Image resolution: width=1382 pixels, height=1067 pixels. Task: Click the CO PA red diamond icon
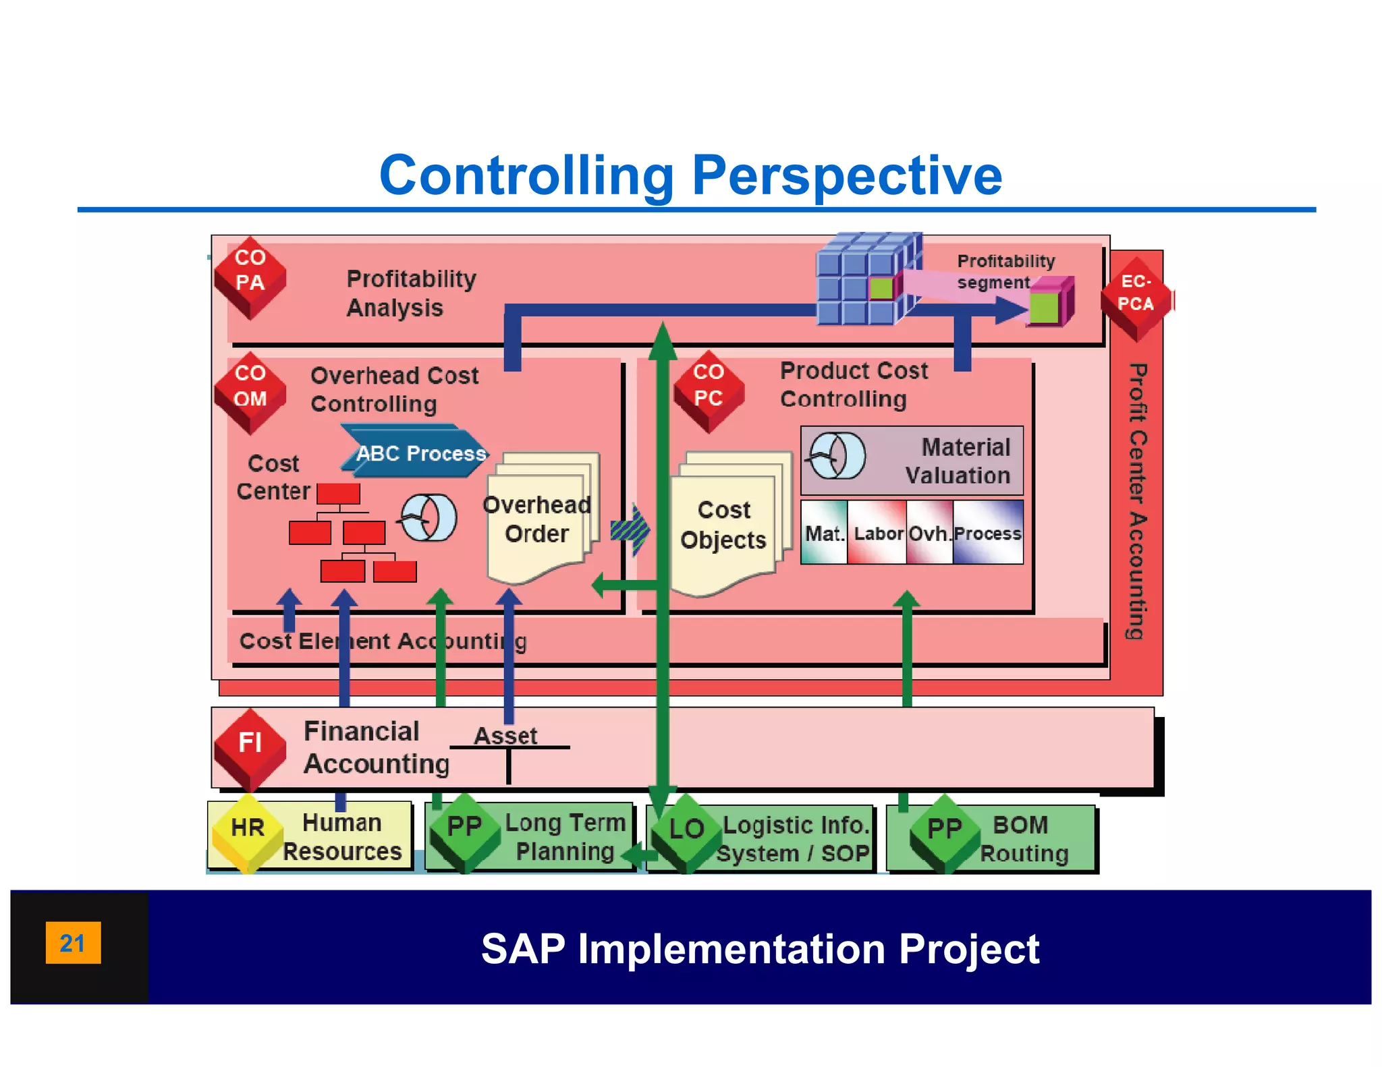pyautogui.click(x=250, y=277)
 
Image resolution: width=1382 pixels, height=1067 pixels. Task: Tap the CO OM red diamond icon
pyautogui.click(x=250, y=393)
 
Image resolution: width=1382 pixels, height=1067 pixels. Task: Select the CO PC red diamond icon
pyautogui.click(x=709, y=392)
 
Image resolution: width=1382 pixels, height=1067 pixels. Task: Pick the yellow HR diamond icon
pyautogui.click(x=248, y=834)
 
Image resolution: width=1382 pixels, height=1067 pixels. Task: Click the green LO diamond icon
pyautogui.click(x=686, y=834)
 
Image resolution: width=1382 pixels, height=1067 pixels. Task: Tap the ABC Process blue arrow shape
pyautogui.click(x=414, y=452)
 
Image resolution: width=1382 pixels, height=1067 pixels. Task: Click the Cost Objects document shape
pyautogui.click(x=724, y=527)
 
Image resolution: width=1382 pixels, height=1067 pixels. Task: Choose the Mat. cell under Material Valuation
pyautogui.click(x=824, y=532)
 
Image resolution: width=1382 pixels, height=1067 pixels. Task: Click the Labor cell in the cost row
pyautogui.click(x=877, y=532)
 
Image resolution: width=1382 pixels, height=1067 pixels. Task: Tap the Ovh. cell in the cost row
pyautogui.click(x=929, y=532)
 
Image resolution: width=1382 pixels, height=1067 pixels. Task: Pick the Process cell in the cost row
pyautogui.click(x=988, y=532)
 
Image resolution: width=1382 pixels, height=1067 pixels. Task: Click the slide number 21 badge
pyautogui.click(x=73, y=942)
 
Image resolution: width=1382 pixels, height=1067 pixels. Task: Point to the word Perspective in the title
pyautogui.click(x=847, y=175)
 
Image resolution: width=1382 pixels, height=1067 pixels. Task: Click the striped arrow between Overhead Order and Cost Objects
pyautogui.click(x=630, y=530)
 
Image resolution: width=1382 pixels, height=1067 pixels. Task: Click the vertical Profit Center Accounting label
pyautogui.click(x=1137, y=500)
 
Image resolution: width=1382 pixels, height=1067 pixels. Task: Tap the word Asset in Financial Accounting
pyautogui.click(x=505, y=735)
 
